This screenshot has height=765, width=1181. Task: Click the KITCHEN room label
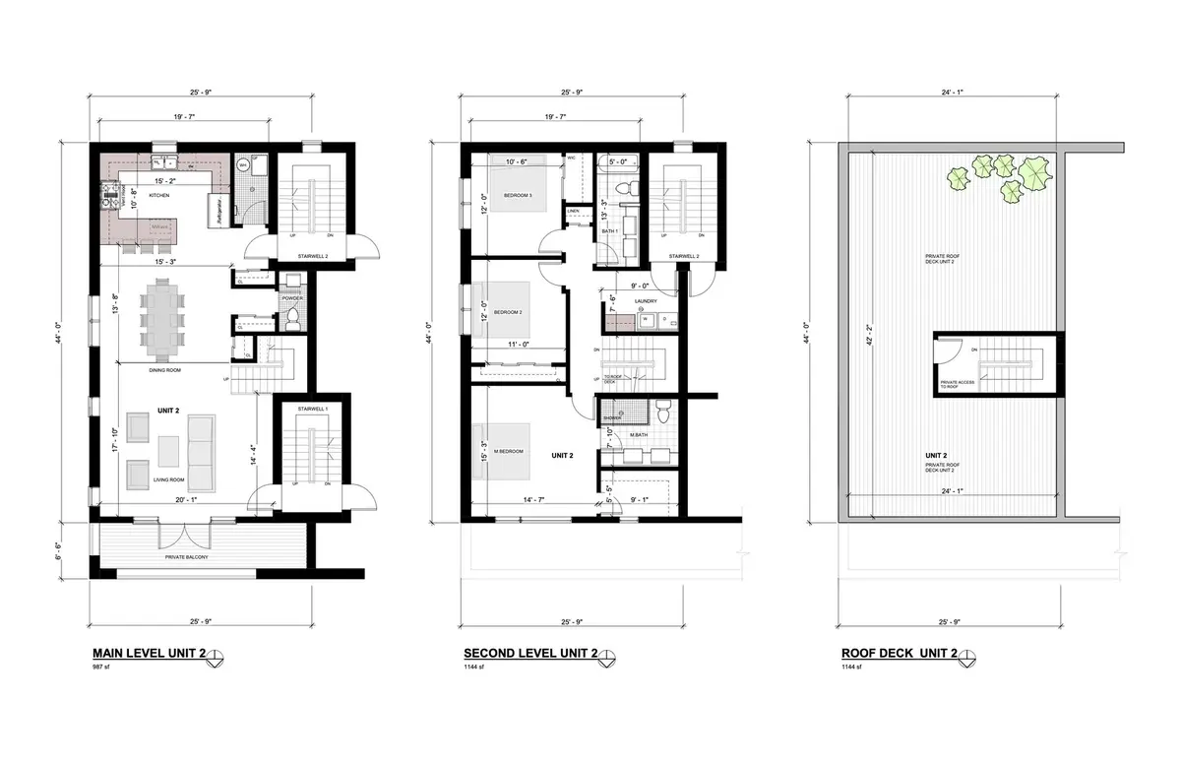[159, 196]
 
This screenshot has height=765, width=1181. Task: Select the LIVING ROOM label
[169, 479]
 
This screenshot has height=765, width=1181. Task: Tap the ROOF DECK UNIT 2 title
[900, 654]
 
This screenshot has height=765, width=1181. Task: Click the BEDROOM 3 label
[518, 195]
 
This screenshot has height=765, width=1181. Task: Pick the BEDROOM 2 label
[507, 312]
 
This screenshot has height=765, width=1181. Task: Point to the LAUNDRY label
[646, 301]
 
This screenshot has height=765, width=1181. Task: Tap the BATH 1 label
[609, 231]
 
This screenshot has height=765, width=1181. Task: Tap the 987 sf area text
[99, 668]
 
